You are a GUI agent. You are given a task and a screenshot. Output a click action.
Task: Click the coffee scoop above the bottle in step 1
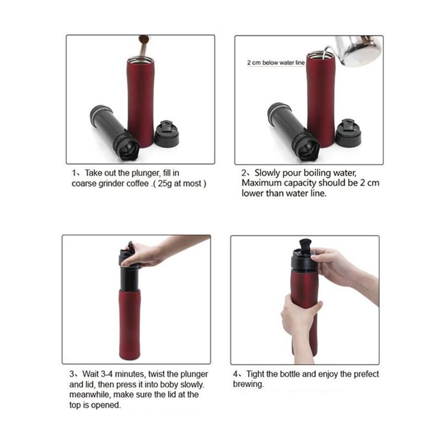[144, 46]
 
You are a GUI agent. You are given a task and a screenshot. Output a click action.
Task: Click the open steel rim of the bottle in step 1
[141, 60]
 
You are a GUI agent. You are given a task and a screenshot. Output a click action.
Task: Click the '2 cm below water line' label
[276, 63]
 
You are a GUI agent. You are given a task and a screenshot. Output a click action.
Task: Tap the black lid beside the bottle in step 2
[348, 133]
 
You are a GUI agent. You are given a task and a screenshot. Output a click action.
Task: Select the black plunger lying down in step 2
[293, 132]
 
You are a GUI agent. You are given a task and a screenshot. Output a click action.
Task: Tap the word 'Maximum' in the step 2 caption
[259, 183]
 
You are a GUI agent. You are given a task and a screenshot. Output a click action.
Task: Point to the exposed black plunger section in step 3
[130, 279]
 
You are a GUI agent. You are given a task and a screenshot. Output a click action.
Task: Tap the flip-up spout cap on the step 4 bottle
[305, 245]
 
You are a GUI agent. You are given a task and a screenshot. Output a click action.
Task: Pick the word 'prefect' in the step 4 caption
[366, 374]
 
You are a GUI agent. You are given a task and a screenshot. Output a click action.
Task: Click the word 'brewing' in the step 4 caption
[248, 385]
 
